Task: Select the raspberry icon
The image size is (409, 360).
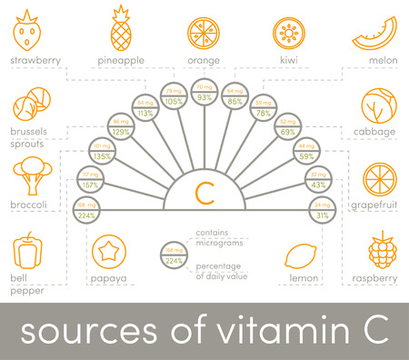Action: tap(381, 250)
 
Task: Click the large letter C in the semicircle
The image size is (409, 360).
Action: tap(204, 193)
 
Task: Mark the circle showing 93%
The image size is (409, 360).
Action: tap(204, 94)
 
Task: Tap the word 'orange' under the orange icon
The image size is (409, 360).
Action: tap(204, 62)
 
